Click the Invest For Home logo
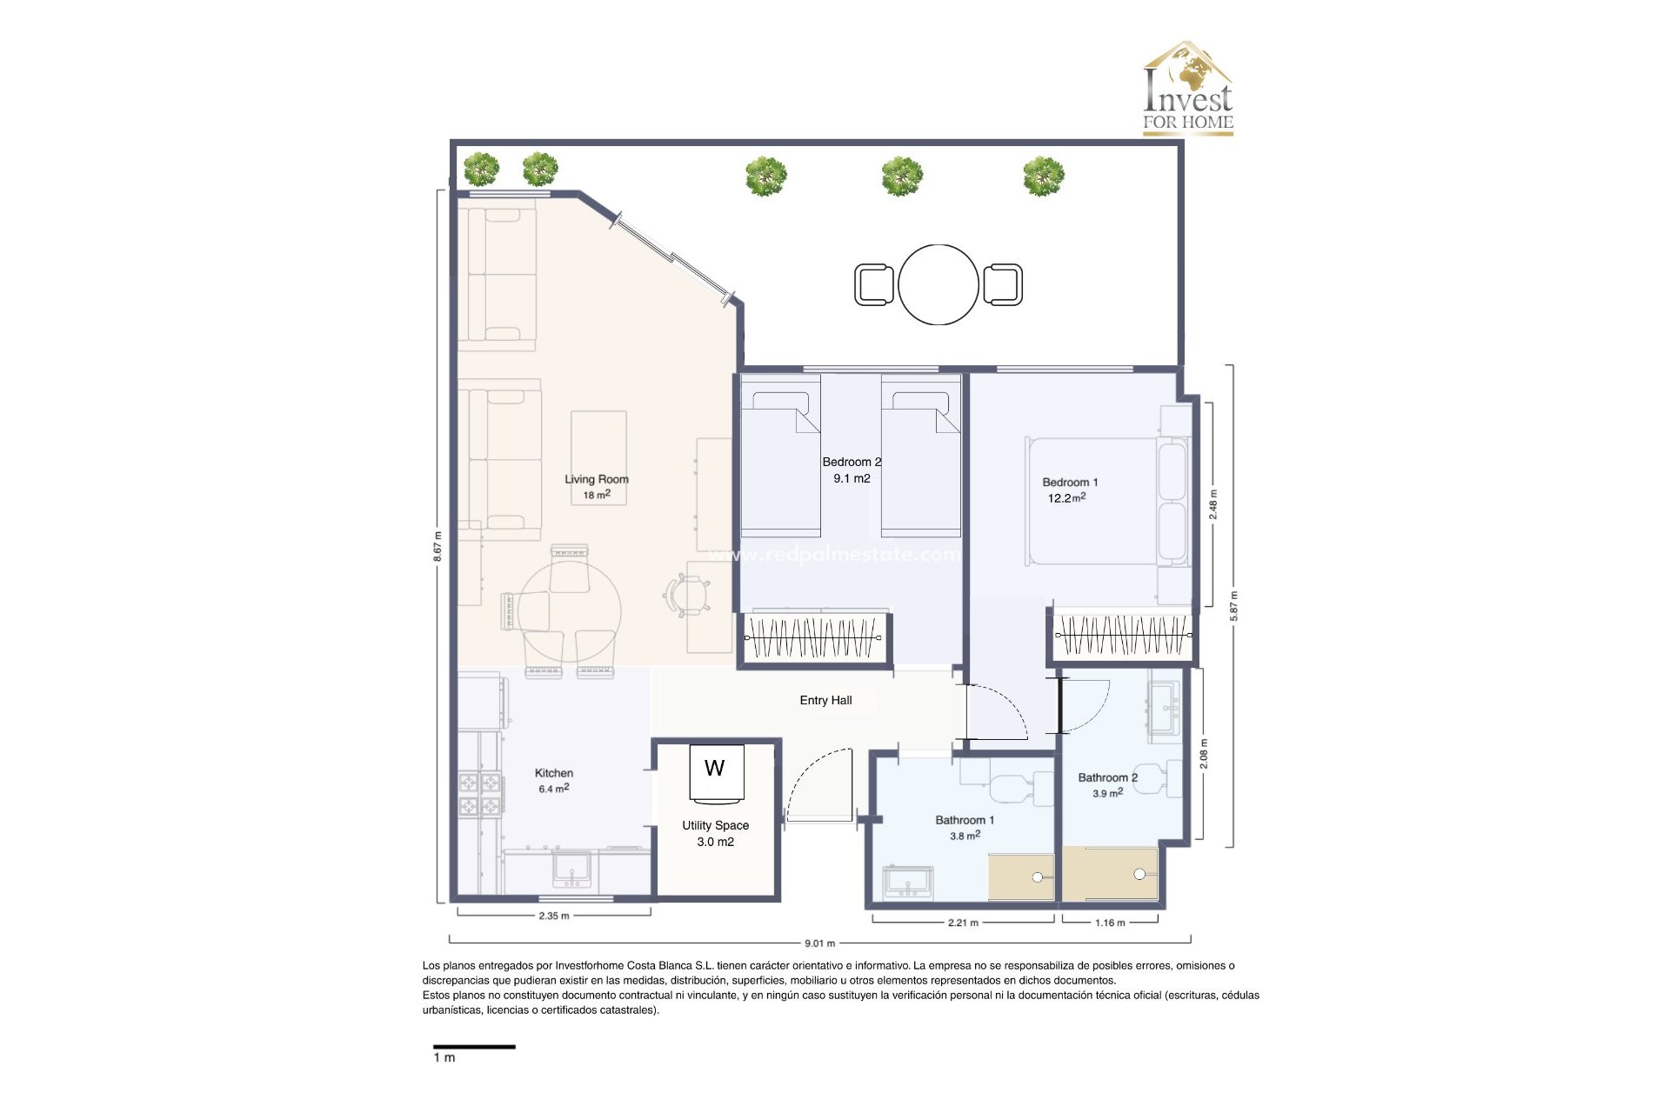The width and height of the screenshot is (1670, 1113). [x=1187, y=89]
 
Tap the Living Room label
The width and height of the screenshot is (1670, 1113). [x=596, y=479]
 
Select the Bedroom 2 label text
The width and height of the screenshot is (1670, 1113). [x=852, y=462]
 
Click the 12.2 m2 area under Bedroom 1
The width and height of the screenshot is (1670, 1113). [x=1066, y=498]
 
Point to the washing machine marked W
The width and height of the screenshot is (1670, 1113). [x=716, y=770]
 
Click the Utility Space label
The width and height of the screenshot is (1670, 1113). [x=715, y=825]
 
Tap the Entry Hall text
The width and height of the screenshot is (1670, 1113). [x=825, y=700]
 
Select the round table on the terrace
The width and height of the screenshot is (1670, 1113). [x=938, y=284]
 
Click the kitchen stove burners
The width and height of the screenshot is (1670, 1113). [x=481, y=794]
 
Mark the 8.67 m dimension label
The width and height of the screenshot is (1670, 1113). [x=438, y=546]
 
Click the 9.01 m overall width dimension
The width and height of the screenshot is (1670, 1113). [x=819, y=943]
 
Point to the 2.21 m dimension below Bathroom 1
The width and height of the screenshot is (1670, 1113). [x=963, y=923]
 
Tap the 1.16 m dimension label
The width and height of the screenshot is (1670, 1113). [x=1110, y=923]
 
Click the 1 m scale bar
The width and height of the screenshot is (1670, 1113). [x=474, y=1047]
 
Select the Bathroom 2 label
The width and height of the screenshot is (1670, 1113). [x=1107, y=777]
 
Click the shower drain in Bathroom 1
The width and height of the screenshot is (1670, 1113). [x=1037, y=877]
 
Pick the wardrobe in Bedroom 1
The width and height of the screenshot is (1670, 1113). [x=1122, y=636]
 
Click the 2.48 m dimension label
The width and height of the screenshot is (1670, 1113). [x=1213, y=504]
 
